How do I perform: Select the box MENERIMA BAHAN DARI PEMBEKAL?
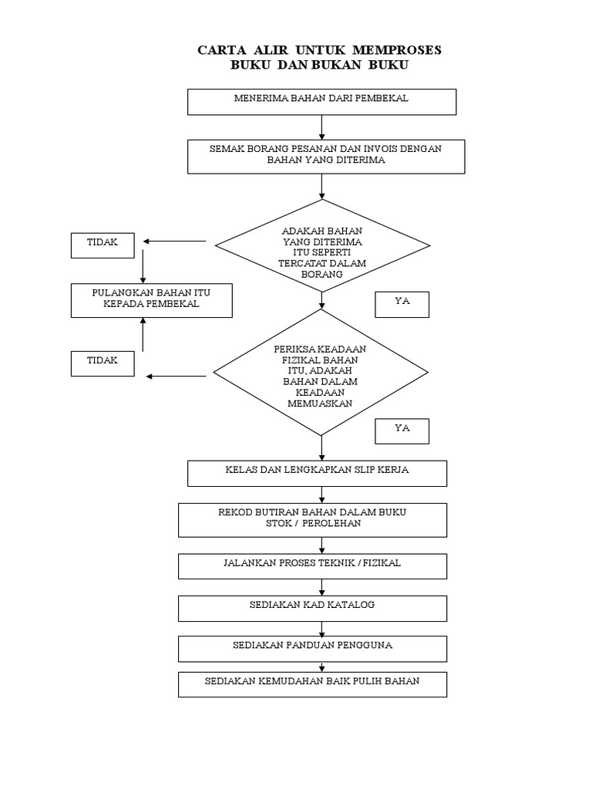(322, 101)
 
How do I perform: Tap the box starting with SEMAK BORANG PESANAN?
(325, 155)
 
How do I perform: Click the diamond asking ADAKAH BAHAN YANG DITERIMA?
(322, 246)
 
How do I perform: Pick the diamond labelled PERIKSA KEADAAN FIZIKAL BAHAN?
(320, 376)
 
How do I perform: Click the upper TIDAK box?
(103, 245)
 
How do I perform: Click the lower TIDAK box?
(103, 363)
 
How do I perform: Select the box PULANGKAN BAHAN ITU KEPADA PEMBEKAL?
(151, 300)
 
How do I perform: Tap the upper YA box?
(402, 305)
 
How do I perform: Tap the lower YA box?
(402, 430)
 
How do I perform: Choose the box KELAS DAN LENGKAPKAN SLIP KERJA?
(317, 473)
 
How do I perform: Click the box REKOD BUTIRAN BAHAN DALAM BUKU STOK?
(312, 519)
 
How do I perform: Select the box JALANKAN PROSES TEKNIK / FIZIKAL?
(312, 565)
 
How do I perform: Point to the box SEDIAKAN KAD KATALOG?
(312, 607)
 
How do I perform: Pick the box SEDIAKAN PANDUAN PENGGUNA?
(312, 648)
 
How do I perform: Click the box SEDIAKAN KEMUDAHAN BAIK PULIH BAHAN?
(312, 684)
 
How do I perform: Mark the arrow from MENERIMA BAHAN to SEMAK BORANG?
(321, 127)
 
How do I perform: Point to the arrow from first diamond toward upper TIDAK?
(174, 241)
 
